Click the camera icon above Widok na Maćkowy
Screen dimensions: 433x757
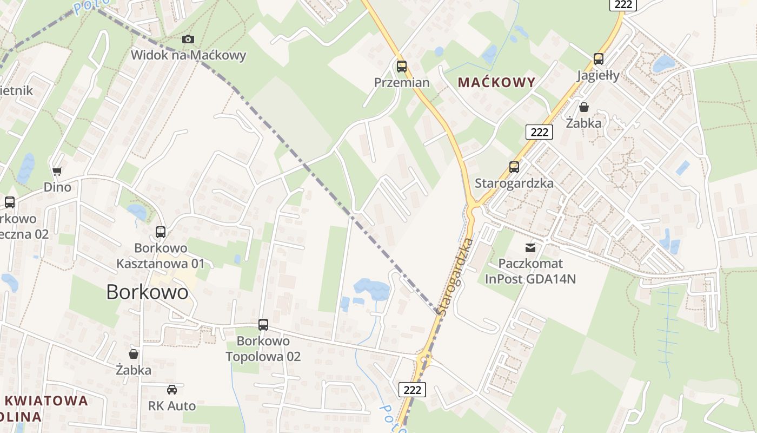188,39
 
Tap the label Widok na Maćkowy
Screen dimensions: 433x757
188,55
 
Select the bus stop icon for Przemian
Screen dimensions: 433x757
402,67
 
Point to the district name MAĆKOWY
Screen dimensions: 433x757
496,83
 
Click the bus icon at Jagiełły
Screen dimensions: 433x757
598,59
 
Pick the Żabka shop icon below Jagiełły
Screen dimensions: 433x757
584,107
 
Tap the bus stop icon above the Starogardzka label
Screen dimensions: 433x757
514,167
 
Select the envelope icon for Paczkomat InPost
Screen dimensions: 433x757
530,248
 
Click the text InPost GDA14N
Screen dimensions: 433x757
530,279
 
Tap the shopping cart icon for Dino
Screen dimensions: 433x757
57,171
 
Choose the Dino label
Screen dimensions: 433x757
57,187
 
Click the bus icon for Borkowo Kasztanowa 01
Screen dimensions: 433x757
161,232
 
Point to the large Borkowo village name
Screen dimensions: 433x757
147,292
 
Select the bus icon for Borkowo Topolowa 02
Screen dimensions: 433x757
263,325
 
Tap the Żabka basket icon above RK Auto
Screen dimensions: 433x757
134,354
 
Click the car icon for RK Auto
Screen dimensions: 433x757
172,390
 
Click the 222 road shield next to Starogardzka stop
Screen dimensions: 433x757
539,132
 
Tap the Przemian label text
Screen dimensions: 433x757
402,83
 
